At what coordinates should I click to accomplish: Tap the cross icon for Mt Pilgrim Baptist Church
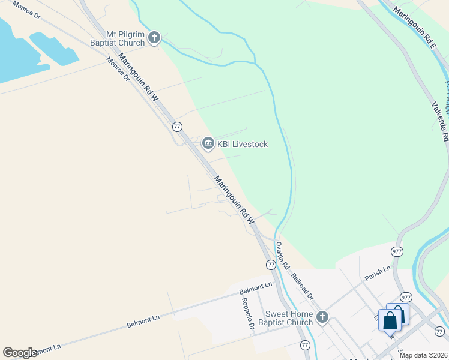(x=154, y=38)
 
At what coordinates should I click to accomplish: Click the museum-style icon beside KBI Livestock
(x=208, y=143)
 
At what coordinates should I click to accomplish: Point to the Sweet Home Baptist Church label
(x=285, y=318)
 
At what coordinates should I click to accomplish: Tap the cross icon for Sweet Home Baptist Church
(x=322, y=317)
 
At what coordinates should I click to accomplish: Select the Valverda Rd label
(x=440, y=121)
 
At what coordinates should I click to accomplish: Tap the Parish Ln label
(x=377, y=273)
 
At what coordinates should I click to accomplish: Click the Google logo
(x=20, y=353)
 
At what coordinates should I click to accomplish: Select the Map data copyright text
(x=424, y=355)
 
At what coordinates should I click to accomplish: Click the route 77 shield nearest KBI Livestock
(x=177, y=127)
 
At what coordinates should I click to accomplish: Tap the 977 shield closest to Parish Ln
(x=397, y=251)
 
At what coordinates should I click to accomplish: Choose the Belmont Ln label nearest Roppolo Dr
(x=256, y=288)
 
